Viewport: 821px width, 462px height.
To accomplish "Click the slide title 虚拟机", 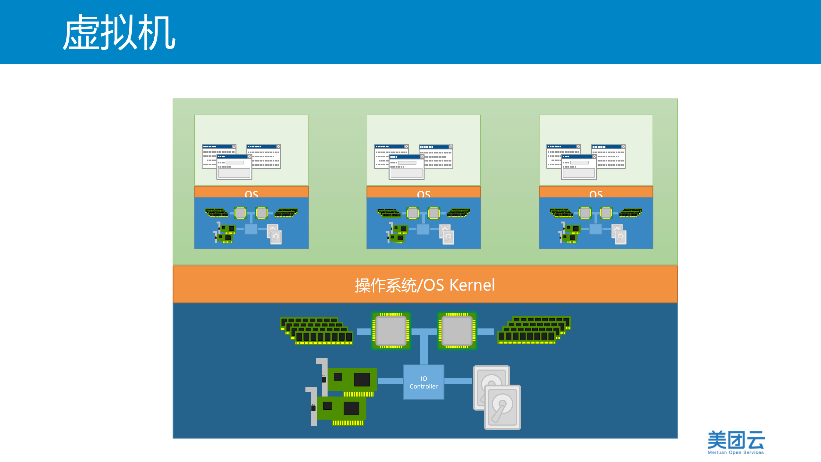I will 119,32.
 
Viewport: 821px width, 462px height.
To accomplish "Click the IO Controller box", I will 423,382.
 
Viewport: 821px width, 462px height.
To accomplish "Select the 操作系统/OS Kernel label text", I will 425,285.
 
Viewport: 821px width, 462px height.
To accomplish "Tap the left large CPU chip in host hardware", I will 391,331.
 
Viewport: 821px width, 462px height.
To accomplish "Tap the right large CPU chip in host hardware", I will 457,331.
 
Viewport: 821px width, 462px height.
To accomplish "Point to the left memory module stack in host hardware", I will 317,331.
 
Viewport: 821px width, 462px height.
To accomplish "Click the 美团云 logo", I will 736,440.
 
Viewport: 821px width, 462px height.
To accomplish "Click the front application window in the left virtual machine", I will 234,167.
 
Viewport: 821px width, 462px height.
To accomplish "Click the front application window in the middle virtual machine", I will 406,167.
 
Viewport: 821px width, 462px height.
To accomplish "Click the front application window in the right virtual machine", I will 579,167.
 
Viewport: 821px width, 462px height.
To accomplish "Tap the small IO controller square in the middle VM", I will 423,229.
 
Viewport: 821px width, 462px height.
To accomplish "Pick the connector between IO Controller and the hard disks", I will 458,381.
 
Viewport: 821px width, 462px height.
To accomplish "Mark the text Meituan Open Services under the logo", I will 736,452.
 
